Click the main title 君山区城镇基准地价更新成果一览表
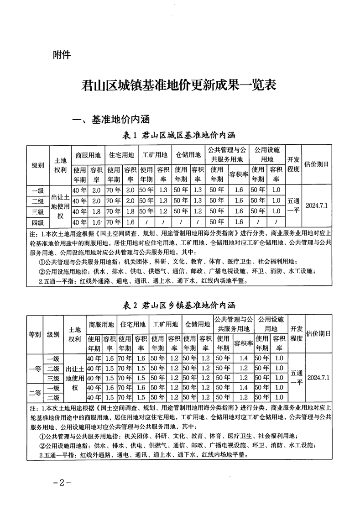pyautogui.click(x=179, y=85)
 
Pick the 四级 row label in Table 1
pyautogui.click(x=38, y=222)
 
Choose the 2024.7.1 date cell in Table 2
pyautogui.click(x=318, y=378)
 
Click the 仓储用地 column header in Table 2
pyautogui.click(x=198, y=324)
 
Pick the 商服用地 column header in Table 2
pyautogui.click(x=102, y=324)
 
